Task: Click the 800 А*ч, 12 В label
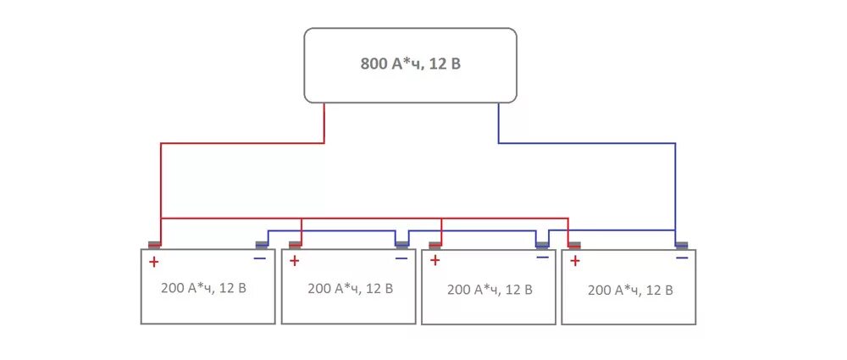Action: point(410,64)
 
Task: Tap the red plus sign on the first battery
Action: point(153,262)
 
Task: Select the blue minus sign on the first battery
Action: point(259,258)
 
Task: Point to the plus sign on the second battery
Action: point(294,260)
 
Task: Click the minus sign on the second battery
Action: point(401,258)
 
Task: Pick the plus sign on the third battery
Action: point(435,260)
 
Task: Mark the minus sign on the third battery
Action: point(542,258)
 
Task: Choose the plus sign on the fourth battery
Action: point(574,260)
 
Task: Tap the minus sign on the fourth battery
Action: point(682,258)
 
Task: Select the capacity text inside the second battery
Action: point(350,288)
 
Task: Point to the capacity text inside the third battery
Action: point(490,289)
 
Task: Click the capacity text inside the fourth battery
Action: point(630,290)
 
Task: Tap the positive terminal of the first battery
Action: point(154,246)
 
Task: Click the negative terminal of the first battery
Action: point(262,246)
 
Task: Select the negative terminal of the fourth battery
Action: point(682,246)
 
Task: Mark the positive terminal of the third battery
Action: point(435,246)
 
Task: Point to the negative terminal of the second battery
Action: point(402,246)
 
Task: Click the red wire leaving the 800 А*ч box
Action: point(324,123)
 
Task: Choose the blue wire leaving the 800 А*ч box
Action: point(499,123)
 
